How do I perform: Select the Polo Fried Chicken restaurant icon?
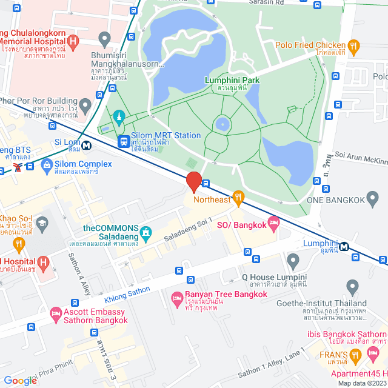pyautogui.click(x=354, y=45)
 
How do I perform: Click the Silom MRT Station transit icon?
pyautogui.click(x=124, y=141)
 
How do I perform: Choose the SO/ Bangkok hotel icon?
pyautogui.click(x=273, y=224)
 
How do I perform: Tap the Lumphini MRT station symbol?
pyautogui.click(x=344, y=246)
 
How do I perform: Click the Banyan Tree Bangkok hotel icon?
pyautogui.click(x=178, y=298)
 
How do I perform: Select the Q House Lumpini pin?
pyautogui.click(x=293, y=262)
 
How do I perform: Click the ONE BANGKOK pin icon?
pyautogui.click(x=372, y=198)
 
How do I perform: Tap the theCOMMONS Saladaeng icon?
pyautogui.click(x=145, y=232)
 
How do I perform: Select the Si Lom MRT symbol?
pyautogui.click(x=87, y=145)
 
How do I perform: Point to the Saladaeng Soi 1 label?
pyautogui.click(x=189, y=232)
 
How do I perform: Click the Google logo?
pyautogui.click(x=21, y=380)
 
